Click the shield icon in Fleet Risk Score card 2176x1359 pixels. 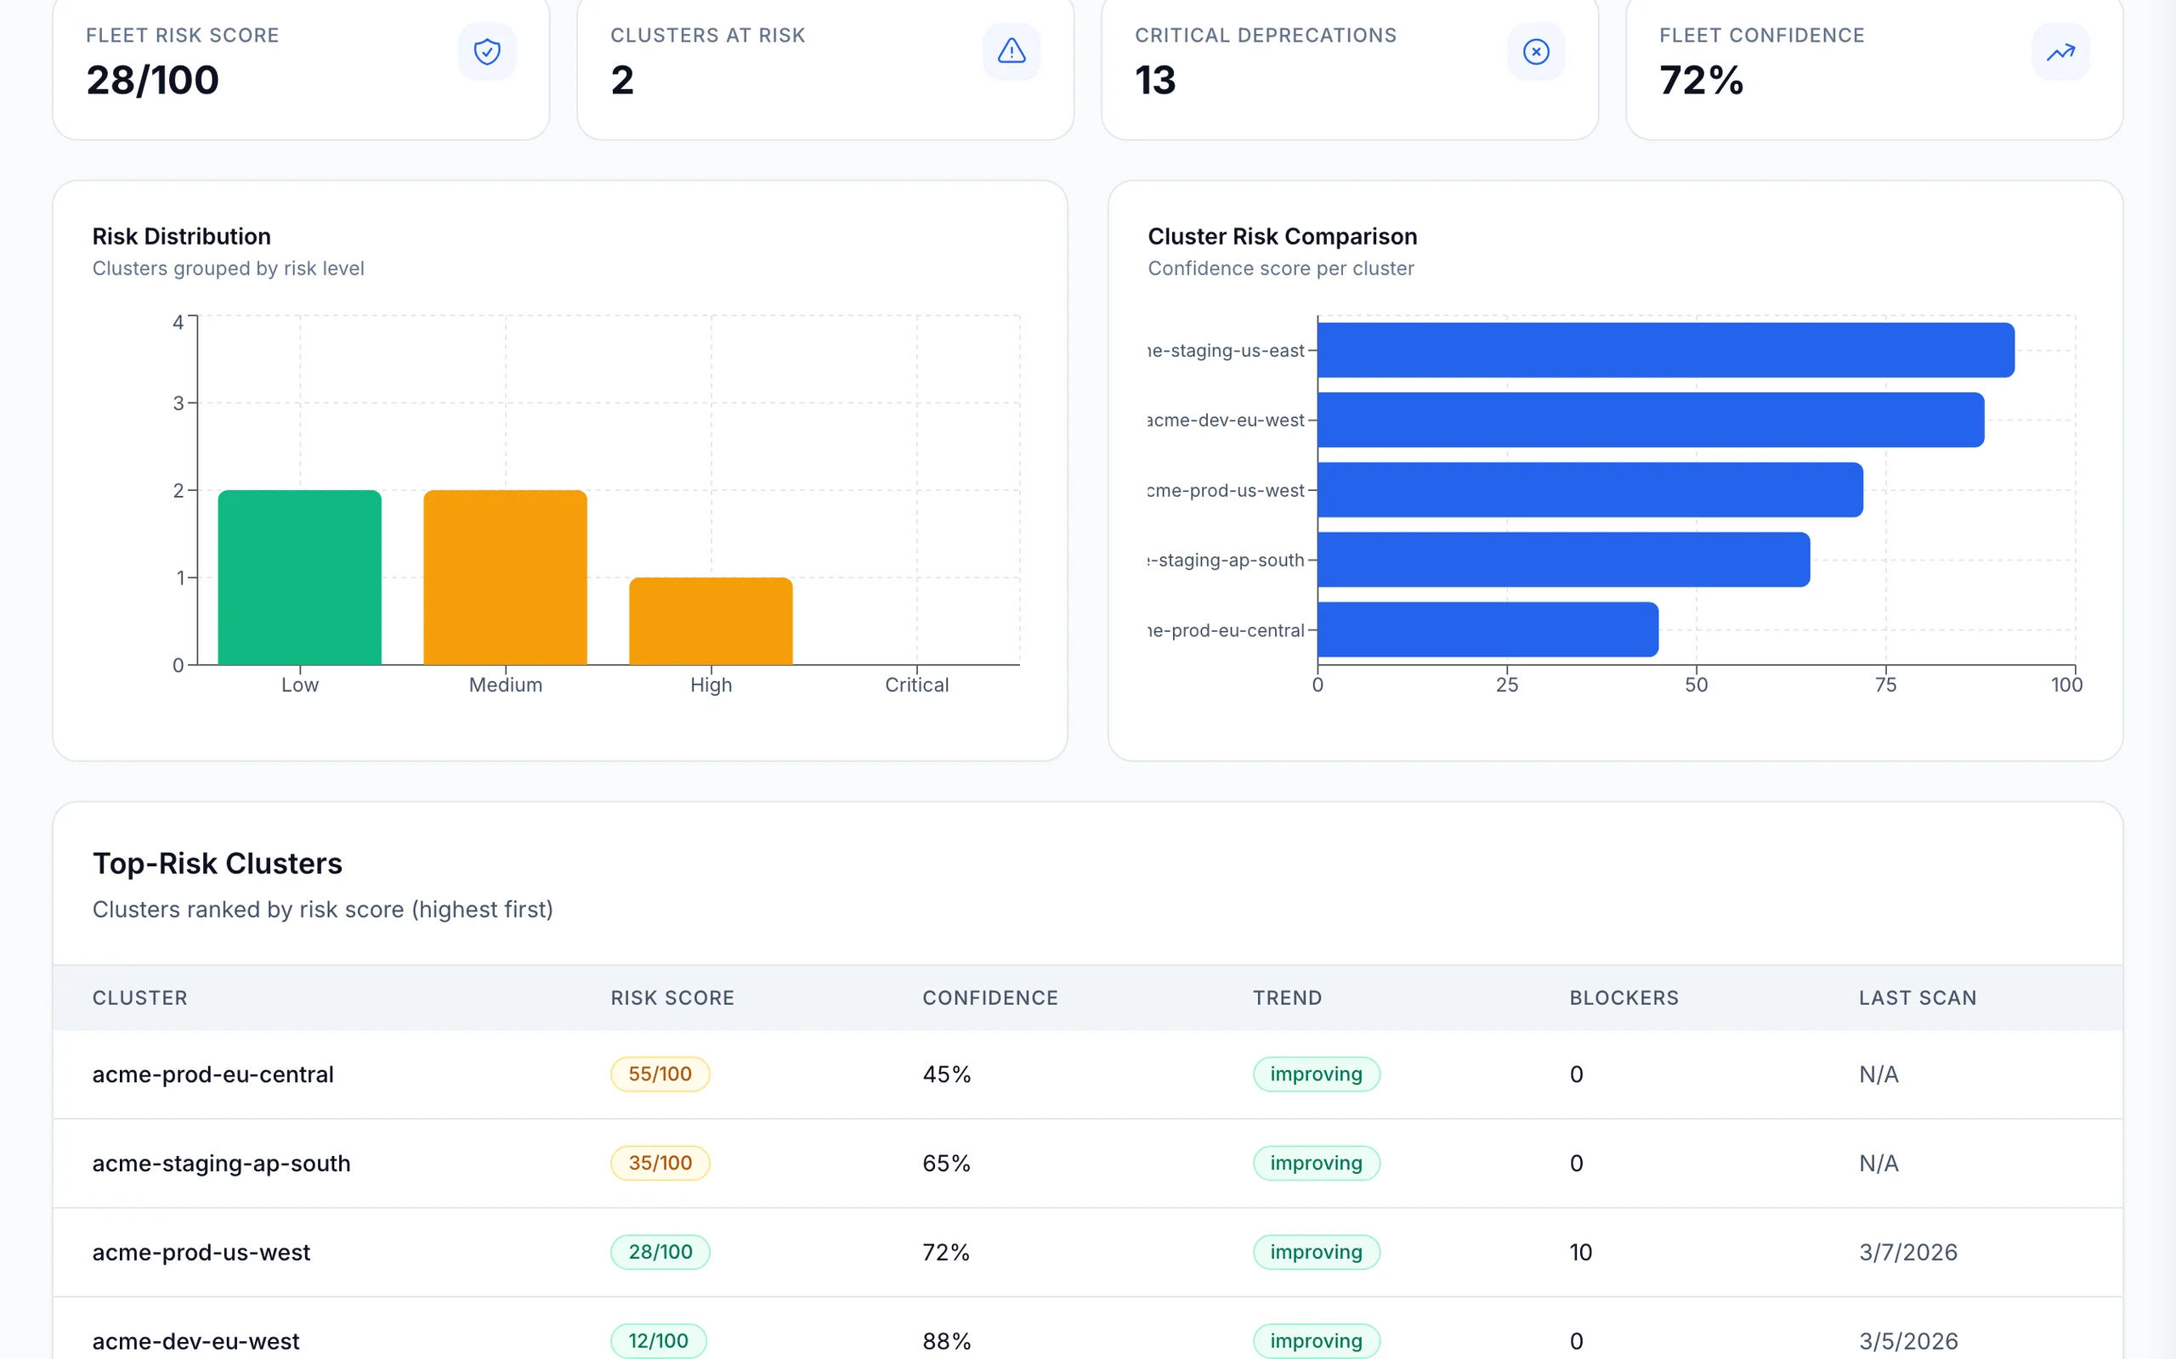[x=486, y=51]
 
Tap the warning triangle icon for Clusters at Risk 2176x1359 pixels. [x=1011, y=51]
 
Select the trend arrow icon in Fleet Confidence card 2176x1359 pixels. [x=2060, y=51]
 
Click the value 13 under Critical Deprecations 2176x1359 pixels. [x=1155, y=80]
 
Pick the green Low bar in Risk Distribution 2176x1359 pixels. [x=299, y=577]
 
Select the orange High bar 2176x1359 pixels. [x=711, y=621]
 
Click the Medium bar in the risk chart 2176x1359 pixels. [x=506, y=577]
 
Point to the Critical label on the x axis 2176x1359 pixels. [x=916, y=685]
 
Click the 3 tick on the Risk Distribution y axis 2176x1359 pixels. [x=179, y=403]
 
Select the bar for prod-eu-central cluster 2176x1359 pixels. [x=1487, y=629]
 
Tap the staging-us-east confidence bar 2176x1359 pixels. [x=1665, y=350]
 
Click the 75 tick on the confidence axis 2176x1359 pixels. [x=1885, y=685]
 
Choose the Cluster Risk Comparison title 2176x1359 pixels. [x=1282, y=236]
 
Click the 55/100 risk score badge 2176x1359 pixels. [x=660, y=1074]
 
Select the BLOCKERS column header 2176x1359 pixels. [x=1623, y=998]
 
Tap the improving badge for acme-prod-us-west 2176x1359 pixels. [x=1316, y=1252]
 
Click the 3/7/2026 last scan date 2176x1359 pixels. [x=1908, y=1252]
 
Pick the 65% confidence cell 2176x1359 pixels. [x=946, y=1163]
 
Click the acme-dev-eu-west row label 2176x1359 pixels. [x=196, y=1341]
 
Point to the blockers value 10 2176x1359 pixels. [x=1581, y=1252]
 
